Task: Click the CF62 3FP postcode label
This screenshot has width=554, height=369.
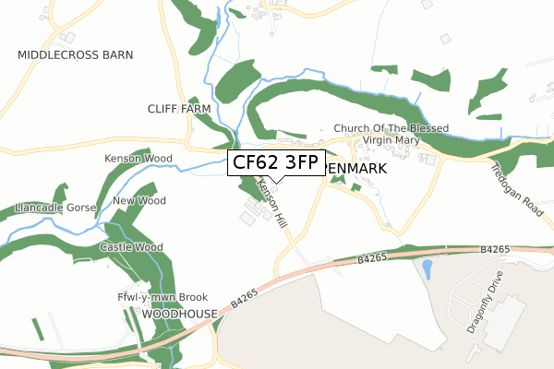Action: pyautogui.click(x=275, y=163)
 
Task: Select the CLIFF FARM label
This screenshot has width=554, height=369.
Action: pyautogui.click(x=179, y=109)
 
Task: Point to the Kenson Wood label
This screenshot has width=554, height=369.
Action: pyautogui.click(x=138, y=159)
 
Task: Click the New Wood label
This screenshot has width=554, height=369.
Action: pyautogui.click(x=138, y=201)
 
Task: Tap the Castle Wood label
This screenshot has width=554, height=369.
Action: pyautogui.click(x=131, y=247)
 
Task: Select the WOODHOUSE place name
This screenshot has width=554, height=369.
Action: pyautogui.click(x=179, y=314)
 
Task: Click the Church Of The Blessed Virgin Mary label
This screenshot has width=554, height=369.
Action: pyautogui.click(x=391, y=135)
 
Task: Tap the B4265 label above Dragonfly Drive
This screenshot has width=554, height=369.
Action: pyautogui.click(x=495, y=249)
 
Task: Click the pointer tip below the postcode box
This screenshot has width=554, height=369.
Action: pyautogui.click(x=275, y=182)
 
